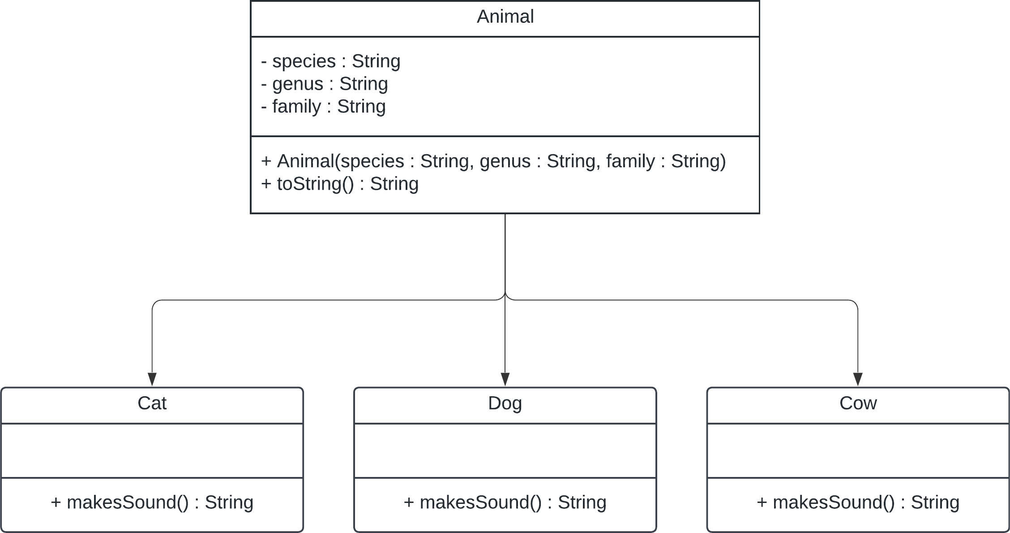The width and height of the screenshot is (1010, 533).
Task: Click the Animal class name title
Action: pyautogui.click(x=505, y=17)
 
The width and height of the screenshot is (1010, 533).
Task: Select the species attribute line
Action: pyautogui.click(x=330, y=61)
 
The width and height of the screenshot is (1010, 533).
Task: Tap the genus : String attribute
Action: pyautogui.click(x=324, y=84)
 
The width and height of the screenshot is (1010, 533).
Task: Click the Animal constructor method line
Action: pyautogui.click(x=493, y=161)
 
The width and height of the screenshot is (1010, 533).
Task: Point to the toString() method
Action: pyautogui.click(x=339, y=184)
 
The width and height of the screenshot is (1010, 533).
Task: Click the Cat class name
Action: pyautogui.click(x=152, y=403)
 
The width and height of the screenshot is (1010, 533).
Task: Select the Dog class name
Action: pyautogui.click(x=505, y=403)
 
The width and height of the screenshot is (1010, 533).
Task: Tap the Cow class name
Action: pyautogui.click(x=858, y=403)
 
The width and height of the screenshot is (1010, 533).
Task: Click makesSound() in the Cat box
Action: pyautogui.click(x=152, y=503)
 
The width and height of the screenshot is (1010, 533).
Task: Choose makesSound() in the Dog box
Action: pyautogui.click(x=505, y=503)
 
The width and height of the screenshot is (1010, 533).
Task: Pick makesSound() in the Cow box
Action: pyautogui.click(x=858, y=503)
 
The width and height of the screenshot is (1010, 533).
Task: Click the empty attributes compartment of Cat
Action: pyautogui.click(x=152, y=451)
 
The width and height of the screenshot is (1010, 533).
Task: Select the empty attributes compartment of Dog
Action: pyautogui.click(x=505, y=451)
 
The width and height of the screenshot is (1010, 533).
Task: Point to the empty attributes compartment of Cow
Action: pyautogui.click(x=858, y=451)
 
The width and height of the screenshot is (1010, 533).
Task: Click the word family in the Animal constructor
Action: pyautogui.click(x=630, y=161)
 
